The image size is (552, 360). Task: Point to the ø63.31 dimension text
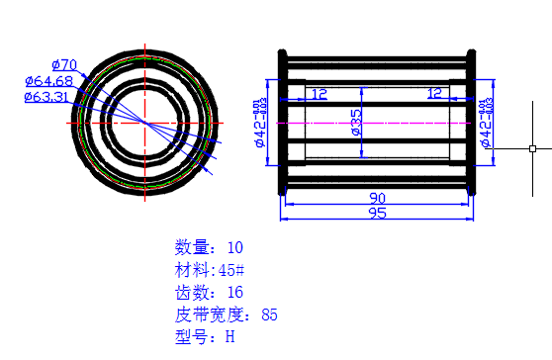pos(46,97)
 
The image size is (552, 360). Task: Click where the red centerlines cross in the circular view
pos(146,122)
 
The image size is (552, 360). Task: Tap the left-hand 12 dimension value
pos(320,93)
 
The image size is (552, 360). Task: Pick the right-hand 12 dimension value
pos(434,93)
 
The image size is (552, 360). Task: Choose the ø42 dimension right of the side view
pos(486,122)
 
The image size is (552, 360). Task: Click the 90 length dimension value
pos(377,198)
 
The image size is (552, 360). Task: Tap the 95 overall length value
pos(377,213)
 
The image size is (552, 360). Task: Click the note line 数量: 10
pos(209,247)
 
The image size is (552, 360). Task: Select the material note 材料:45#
pos(209,270)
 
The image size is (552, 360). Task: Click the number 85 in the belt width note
pos(269,315)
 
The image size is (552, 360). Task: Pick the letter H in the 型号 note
pos(230,337)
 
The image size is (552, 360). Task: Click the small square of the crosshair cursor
pos(532,148)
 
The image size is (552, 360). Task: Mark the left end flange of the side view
pos(284,122)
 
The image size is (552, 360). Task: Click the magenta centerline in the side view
pos(396,123)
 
